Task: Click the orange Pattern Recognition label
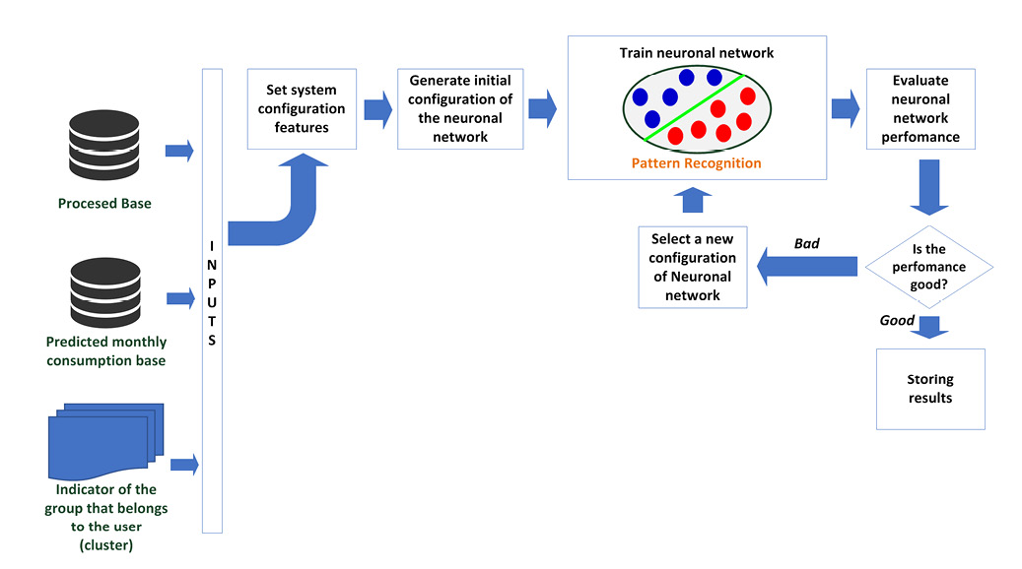(x=697, y=163)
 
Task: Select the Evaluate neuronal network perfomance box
(x=920, y=109)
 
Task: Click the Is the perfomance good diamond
(x=928, y=266)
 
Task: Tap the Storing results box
(x=930, y=389)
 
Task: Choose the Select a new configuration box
(x=693, y=267)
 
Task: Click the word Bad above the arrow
(x=807, y=243)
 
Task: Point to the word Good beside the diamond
(x=897, y=321)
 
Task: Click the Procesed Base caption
(x=103, y=204)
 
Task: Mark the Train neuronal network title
(x=696, y=52)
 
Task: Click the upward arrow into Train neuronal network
(x=694, y=200)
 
